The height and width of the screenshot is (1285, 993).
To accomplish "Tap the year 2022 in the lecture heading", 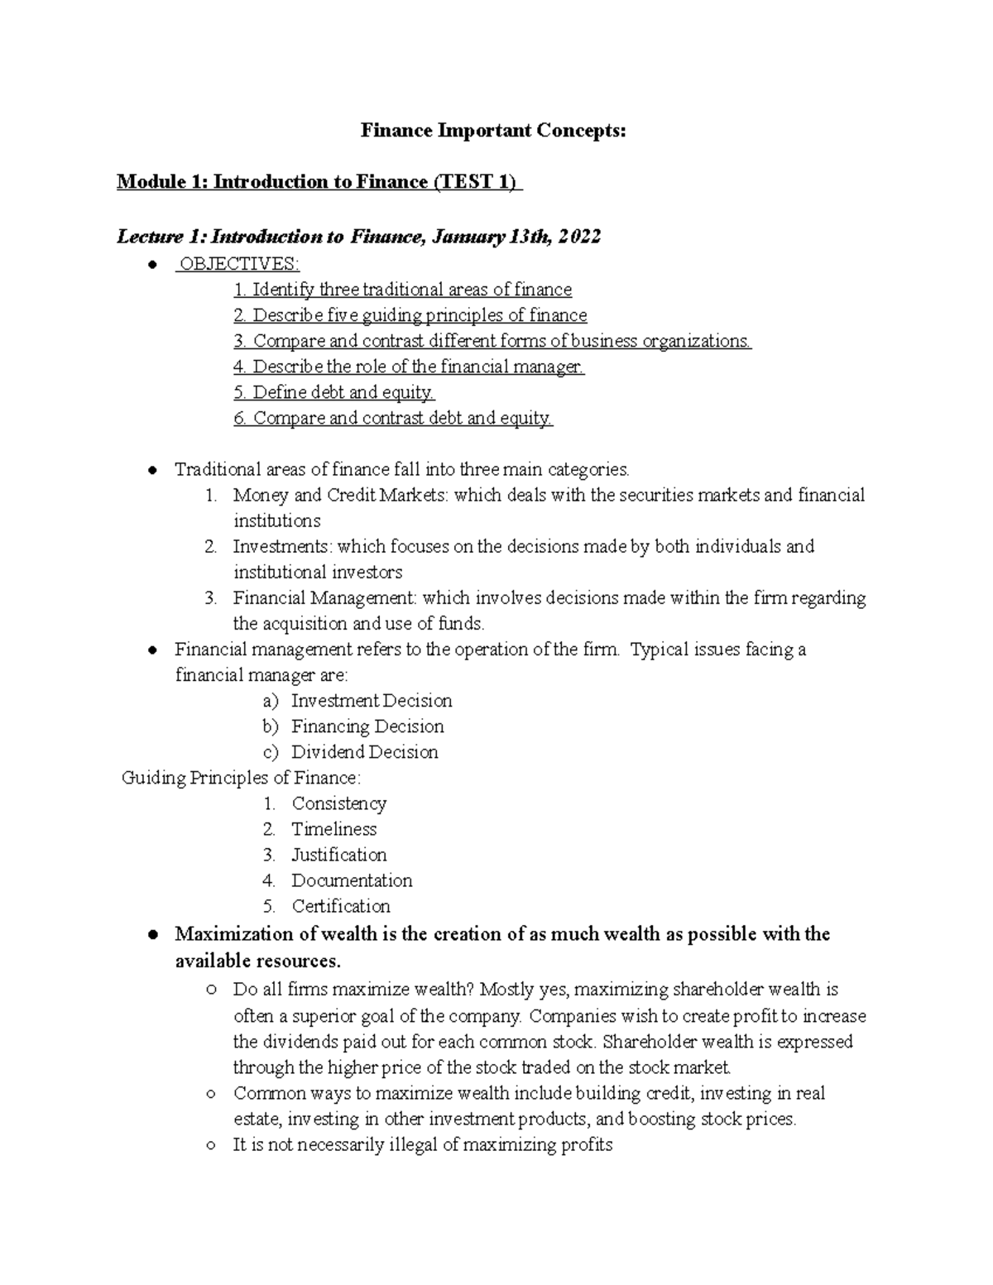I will (579, 237).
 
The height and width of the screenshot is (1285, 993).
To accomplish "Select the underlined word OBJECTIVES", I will (237, 264).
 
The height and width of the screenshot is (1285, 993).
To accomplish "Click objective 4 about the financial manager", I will (409, 367).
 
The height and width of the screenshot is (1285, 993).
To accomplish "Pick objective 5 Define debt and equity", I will (334, 392).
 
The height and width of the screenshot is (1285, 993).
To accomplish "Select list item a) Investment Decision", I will (371, 701).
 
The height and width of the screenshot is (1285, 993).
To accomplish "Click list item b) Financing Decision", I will (367, 726).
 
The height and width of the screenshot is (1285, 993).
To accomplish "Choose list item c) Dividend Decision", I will (364, 752).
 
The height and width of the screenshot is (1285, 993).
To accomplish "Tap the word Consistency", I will (338, 803).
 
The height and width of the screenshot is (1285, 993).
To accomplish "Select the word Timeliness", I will (333, 829).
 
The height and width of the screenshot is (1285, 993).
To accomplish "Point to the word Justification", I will (338, 855).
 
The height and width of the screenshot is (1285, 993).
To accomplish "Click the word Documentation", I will (352, 880).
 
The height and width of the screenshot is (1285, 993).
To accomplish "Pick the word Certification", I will (340, 906).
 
